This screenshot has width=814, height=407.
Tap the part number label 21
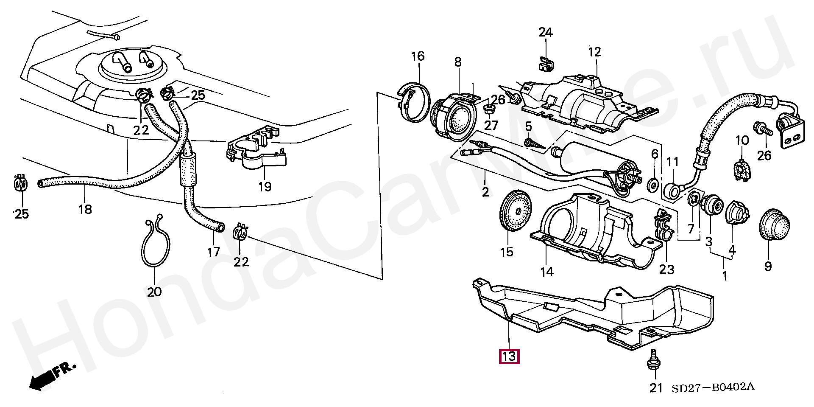click(656, 388)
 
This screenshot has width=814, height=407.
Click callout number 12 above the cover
click(594, 52)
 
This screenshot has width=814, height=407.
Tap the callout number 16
click(418, 56)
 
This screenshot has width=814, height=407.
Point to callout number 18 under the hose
click(85, 209)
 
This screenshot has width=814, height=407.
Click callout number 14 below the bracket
click(547, 271)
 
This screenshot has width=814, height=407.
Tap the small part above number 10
click(742, 169)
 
